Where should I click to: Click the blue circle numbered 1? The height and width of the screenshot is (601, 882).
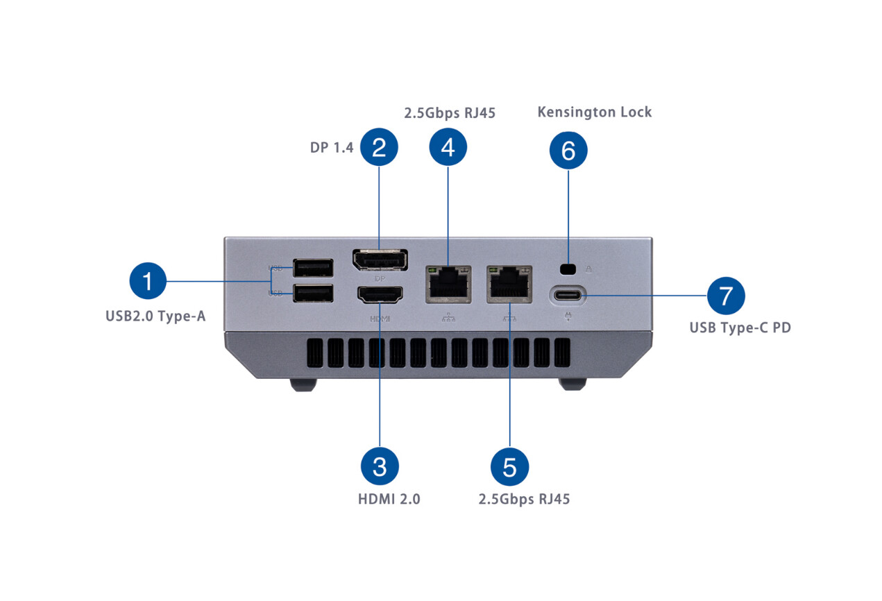(149, 282)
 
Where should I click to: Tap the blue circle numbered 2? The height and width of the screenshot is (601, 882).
(379, 147)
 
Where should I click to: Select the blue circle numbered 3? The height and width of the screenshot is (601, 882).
(380, 466)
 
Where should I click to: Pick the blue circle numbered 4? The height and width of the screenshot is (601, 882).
(448, 147)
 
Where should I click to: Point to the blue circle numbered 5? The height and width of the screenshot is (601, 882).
(510, 466)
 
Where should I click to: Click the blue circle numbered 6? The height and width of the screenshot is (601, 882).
(568, 151)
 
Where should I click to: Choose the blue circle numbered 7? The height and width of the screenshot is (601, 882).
(726, 296)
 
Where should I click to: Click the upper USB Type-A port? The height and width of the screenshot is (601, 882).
(313, 268)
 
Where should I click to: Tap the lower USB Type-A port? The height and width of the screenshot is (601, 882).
(313, 294)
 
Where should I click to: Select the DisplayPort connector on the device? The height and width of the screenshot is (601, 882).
(380, 260)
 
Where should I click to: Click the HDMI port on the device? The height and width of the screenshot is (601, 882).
(380, 296)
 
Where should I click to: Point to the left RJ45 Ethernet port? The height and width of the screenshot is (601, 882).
(448, 282)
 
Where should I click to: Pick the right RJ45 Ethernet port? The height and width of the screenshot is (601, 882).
(510, 282)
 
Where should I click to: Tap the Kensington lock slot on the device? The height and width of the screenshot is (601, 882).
(568, 269)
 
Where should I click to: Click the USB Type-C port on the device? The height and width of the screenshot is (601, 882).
(568, 296)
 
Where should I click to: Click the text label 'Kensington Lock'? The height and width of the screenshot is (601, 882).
(595, 112)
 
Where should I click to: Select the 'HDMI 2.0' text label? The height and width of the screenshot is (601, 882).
(389, 499)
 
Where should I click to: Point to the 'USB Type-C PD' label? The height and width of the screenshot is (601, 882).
(740, 328)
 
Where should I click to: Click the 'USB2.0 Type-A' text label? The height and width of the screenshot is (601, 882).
(155, 317)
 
